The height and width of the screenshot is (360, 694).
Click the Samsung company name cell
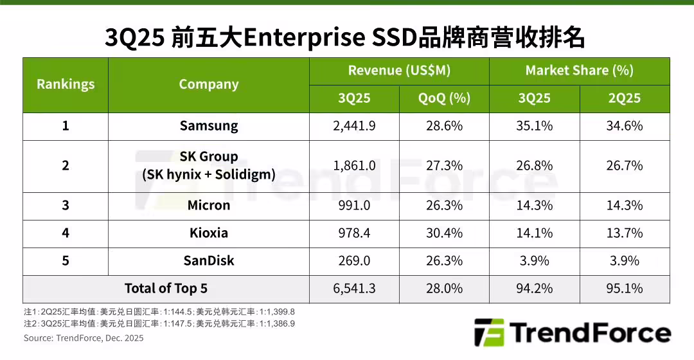point(209,126)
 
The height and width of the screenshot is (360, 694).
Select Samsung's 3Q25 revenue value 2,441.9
point(354,126)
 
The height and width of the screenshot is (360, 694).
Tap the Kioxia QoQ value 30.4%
point(444,233)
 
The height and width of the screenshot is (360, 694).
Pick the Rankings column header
point(66,84)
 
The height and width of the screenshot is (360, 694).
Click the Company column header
point(209,84)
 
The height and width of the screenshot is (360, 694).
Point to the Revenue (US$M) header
point(399,71)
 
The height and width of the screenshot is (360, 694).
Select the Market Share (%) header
point(579,71)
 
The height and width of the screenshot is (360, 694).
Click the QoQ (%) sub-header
point(444,98)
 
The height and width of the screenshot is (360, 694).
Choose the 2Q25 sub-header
point(625,98)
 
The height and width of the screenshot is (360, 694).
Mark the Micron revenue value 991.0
point(354,205)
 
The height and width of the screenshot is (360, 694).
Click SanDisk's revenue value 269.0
point(354,260)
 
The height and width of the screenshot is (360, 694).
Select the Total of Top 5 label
point(166,289)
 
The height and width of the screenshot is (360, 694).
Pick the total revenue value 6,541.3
point(354,289)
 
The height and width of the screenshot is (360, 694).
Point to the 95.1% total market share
point(625,289)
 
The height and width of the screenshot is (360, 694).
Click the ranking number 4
point(66,233)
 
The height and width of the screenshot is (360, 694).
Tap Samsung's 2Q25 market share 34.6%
point(625,126)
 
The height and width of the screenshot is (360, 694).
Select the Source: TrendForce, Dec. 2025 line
point(84,338)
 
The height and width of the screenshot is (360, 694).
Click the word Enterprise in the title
point(298,38)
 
